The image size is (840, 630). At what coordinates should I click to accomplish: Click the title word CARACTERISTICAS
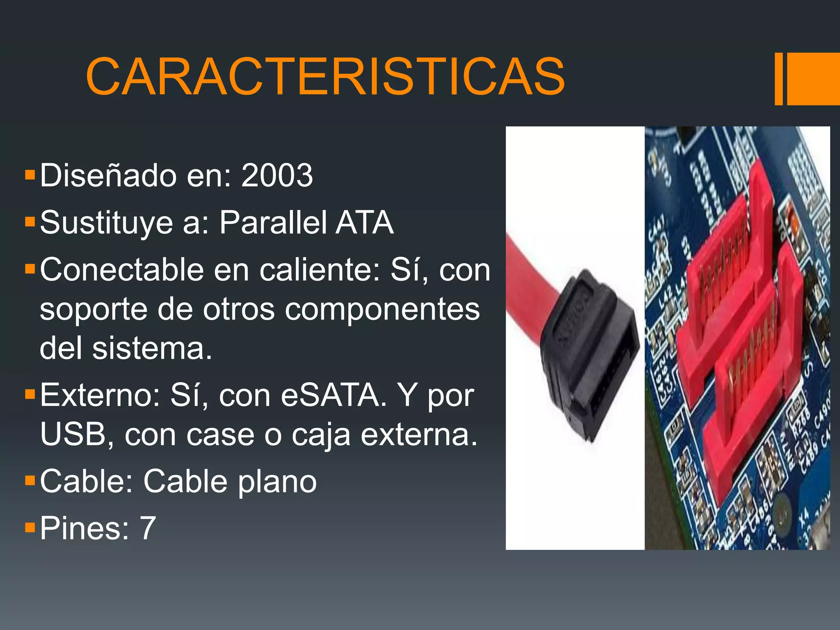click(x=325, y=77)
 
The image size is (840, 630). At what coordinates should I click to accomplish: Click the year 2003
click(x=277, y=176)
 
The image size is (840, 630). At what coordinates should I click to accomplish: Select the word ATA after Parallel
click(x=365, y=223)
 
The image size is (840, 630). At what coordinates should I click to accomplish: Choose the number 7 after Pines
click(x=148, y=528)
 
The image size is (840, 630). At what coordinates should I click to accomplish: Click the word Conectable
click(x=122, y=270)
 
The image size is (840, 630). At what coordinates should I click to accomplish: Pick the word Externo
click(x=100, y=395)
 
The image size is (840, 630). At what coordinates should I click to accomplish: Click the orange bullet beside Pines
click(x=30, y=527)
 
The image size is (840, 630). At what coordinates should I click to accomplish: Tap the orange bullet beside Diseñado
click(x=30, y=175)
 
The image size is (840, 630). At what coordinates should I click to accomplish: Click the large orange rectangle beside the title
click(x=813, y=79)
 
